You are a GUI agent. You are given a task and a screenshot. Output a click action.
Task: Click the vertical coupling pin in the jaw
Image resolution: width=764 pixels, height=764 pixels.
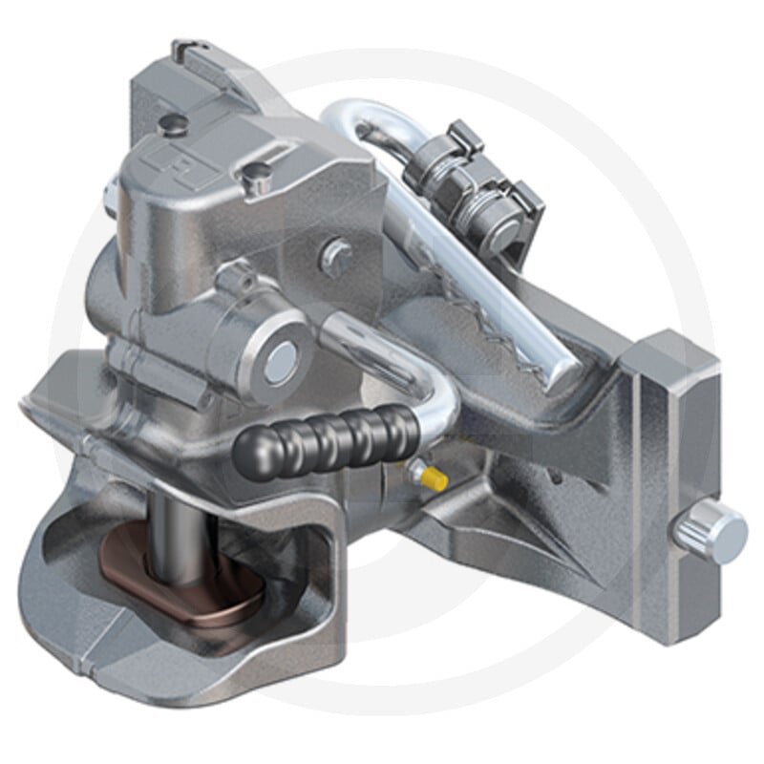point(178,535)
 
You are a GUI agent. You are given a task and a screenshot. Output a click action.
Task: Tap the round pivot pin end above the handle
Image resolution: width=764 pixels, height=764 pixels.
point(281,356)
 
